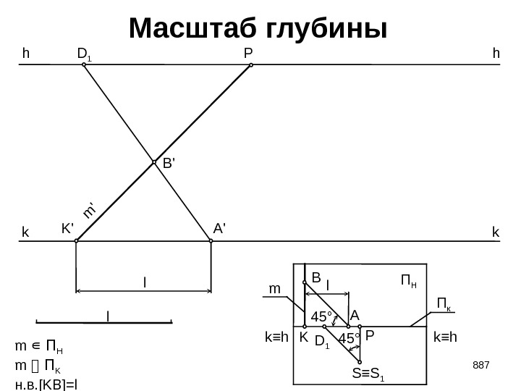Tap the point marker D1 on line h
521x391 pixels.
tap(84, 64)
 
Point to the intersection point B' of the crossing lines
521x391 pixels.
tap(154, 162)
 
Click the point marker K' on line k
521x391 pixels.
tap(76, 242)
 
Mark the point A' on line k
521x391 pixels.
tap(210, 242)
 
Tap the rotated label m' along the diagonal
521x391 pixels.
tap(90, 209)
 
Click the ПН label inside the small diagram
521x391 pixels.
tap(409, 279)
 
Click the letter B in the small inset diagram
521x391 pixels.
tap(315, 276)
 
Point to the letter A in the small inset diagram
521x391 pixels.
tap(355, 316)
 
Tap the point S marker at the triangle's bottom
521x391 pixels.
tap(360, 362)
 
